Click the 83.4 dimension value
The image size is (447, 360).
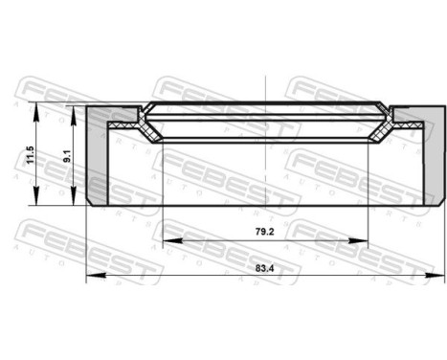(x=265, y=270)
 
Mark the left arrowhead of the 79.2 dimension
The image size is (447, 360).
(x=166, y=239)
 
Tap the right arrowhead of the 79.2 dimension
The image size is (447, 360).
(x=365, y=239)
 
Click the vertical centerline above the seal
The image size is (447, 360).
(x=265, y=86)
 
